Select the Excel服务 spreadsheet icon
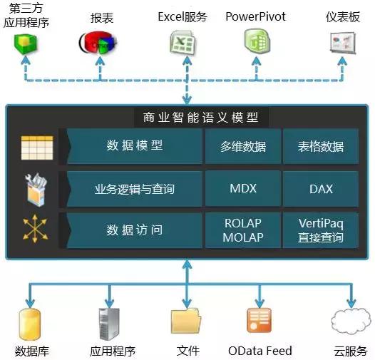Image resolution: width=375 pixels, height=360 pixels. point(182,44)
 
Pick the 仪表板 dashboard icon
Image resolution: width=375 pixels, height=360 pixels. point(342,44)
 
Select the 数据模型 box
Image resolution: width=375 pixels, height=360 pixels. point(135,146)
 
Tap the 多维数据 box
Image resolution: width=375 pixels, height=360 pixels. point(242,147)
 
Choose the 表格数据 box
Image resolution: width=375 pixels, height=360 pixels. point(321,147)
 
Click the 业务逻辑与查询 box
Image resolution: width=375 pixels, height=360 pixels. point(135,190)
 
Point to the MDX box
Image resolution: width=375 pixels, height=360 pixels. point(242,190)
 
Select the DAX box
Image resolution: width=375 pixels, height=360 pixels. point(321,190)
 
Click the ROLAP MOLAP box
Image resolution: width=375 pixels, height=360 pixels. point(242,230)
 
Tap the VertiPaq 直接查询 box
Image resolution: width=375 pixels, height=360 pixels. point(321,230)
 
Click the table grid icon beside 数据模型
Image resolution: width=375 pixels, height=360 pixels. point(32,147)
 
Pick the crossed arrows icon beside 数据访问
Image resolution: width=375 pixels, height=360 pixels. point(32,230)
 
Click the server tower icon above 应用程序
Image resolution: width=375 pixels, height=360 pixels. point(108,323)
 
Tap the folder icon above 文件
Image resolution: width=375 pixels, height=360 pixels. point(187,324)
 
